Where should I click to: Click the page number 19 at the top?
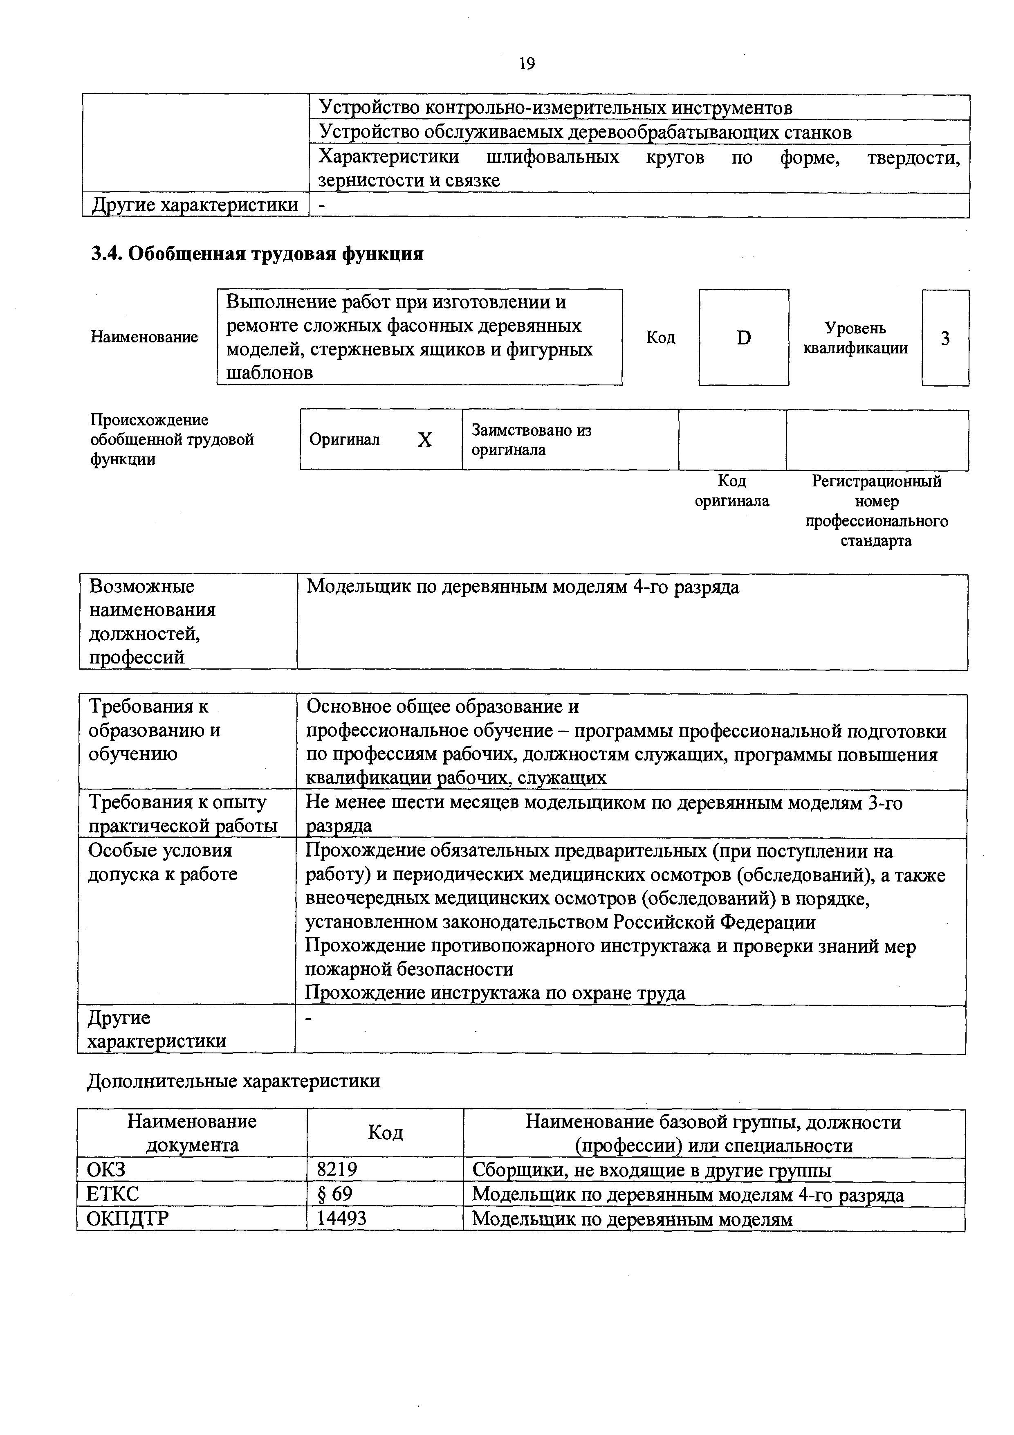pos(527,64)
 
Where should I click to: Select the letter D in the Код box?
pos(743,338)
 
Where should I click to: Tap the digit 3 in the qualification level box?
pos(945,338)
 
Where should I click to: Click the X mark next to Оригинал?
pos(425,440)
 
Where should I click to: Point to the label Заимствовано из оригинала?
pos(531,440)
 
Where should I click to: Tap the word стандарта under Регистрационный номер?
pos(876,541)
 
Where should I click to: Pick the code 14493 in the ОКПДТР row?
pos(342,1218)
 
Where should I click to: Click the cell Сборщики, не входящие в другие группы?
pos(652,1170)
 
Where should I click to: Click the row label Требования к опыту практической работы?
pos(182,814)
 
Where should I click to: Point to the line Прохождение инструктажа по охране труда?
pos(495,993)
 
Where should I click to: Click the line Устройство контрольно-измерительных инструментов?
pos(555,108)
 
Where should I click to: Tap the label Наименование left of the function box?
pos(144,337)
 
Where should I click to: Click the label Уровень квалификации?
pos(855,338)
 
